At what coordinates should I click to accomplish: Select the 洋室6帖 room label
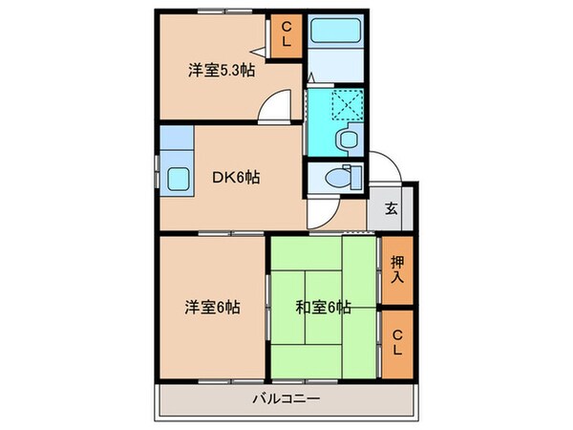pos(211,308)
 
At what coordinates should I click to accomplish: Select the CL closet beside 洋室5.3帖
pos(286,38)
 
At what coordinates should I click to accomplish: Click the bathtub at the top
pos(336,33)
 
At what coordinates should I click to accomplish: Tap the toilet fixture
pos(339,177)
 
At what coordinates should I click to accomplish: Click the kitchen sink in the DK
pos(178,178)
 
